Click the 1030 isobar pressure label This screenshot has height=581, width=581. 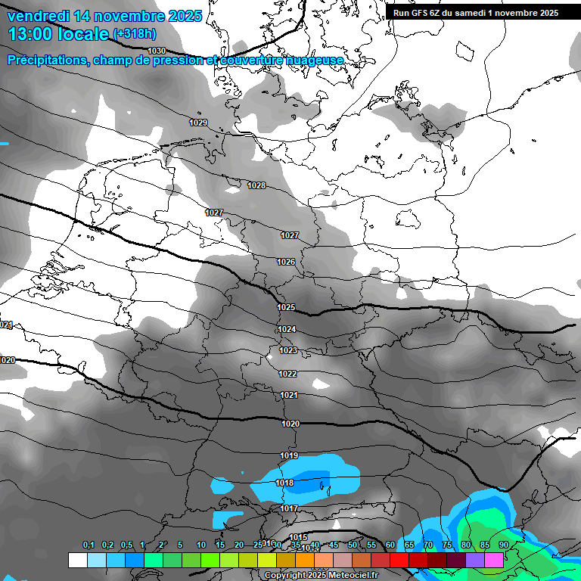tap(157, 51)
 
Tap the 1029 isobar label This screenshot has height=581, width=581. tap(198, 123)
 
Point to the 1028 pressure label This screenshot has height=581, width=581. tap(256, 185)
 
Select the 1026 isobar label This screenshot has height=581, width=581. tap(286, 262)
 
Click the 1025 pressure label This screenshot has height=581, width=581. tap(286, 308)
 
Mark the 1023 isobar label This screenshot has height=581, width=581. tap(288, 351)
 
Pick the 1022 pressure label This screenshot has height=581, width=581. tap(288, 374)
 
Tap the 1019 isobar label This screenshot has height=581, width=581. tap(289, 455)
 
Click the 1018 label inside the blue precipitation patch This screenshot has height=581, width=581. tap(284, 483)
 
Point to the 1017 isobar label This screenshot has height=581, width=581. tap(289, 509)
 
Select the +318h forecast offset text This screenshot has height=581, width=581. tap(135, 34)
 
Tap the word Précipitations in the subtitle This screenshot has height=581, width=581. tap(46, 61)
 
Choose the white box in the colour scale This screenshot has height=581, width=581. tap(77, 560)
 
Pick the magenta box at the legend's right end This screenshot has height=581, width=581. tap(494, 560)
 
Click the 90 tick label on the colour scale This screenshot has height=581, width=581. tap(503, 545)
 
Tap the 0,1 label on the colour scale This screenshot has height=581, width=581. tap(88, 545)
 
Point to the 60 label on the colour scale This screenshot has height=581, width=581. tap(390, 545)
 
